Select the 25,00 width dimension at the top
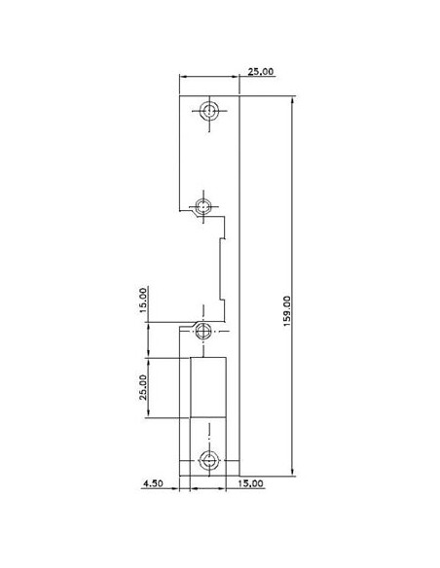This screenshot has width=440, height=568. tap(260, 72)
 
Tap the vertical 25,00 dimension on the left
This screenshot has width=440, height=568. tap(142, 387)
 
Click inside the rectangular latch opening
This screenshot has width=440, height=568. tap(208, 389)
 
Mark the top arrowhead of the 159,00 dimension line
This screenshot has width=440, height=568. tap(291, 98)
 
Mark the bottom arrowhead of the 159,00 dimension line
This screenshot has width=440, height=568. tap(291, 475)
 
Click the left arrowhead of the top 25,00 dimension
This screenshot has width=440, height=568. tap(184, 77)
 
